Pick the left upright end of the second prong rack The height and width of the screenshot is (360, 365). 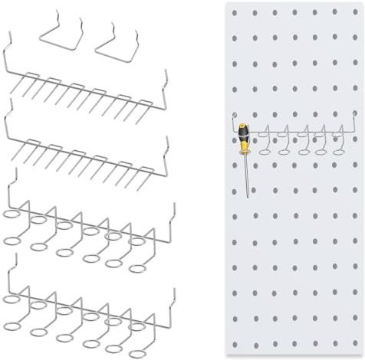(7, 115)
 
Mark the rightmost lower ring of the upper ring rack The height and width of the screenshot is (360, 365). (139, 268)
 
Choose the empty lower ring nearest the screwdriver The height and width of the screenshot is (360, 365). (265, 151)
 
